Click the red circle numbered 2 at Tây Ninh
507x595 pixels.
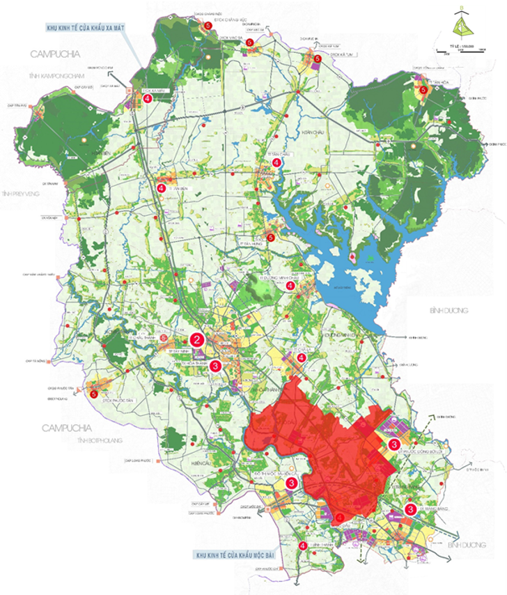197,340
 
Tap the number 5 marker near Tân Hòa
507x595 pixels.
422,90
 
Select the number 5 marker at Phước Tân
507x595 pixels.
94,394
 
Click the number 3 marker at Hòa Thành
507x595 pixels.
216,365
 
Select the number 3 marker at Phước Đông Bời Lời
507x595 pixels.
394,444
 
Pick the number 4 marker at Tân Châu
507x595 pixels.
277,162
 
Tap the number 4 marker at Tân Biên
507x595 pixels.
161,188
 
